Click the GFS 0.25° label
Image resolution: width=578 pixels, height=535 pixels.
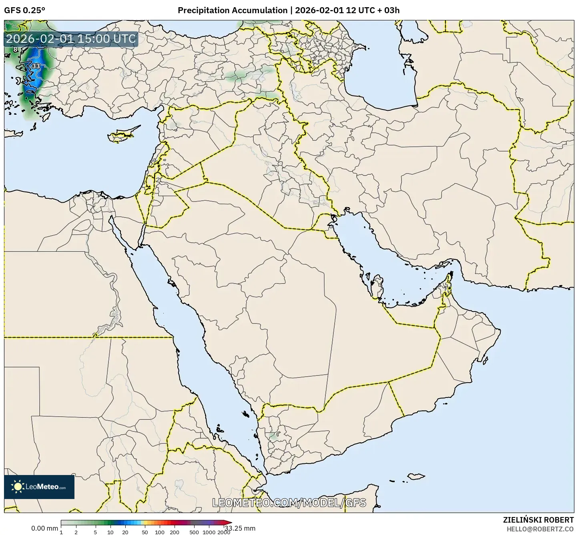coord(24,10)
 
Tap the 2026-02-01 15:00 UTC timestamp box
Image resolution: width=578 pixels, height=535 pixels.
coord(71,39)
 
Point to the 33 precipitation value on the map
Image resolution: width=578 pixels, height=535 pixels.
coord(36,66)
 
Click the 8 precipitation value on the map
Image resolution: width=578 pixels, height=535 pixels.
coord(15,50)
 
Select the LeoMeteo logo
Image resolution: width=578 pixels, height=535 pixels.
coord(39,487)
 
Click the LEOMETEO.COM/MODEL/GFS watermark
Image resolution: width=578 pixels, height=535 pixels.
coord(289,503)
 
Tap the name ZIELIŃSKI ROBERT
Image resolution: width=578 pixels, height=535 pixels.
coord(538,520)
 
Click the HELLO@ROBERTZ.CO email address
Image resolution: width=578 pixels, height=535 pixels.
coord(540,529)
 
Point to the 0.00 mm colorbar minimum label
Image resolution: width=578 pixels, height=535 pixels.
coord(44,528)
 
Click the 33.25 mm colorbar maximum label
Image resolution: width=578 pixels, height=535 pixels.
coord(240,528)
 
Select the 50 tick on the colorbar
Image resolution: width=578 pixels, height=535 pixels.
coord(145,532)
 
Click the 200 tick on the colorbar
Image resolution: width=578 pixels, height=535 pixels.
coord(174,532)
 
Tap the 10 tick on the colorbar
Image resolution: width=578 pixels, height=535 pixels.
coord(110,532)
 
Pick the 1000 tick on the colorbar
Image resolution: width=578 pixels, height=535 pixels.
coord(209,532)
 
